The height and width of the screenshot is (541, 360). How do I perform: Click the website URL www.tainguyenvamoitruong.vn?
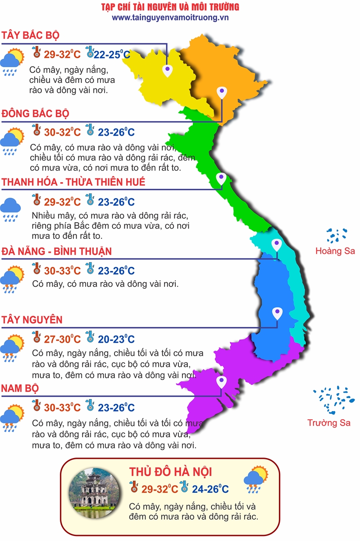point(170,18)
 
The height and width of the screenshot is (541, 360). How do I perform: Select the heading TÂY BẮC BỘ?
point(30,36)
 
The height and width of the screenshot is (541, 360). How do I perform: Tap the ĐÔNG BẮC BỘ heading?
point(35,113)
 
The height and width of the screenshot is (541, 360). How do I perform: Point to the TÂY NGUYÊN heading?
point(32,320)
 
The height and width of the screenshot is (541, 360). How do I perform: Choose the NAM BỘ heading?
point(20,388)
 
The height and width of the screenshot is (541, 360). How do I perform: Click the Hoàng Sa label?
point(335,251)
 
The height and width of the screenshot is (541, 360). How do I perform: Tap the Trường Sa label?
point(329,423)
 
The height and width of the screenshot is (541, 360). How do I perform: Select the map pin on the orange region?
point(221,93)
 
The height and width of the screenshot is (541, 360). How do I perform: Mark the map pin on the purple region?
point(221,382)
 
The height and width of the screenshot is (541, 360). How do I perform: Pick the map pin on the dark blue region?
point(277,313)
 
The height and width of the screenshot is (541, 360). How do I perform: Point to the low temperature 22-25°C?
point(112,55)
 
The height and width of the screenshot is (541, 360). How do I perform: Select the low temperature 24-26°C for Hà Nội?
point(210,489)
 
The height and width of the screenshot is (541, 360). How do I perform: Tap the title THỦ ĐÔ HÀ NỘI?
point(170,472)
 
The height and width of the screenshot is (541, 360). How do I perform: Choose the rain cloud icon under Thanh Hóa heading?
point(10,208)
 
